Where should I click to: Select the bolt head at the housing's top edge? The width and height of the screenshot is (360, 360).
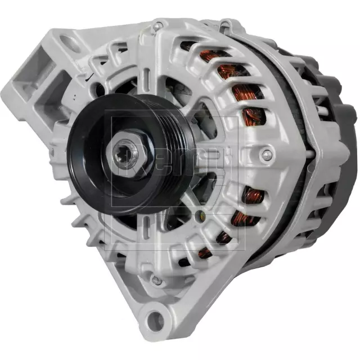pyautogui.click(x=159, y=25)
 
